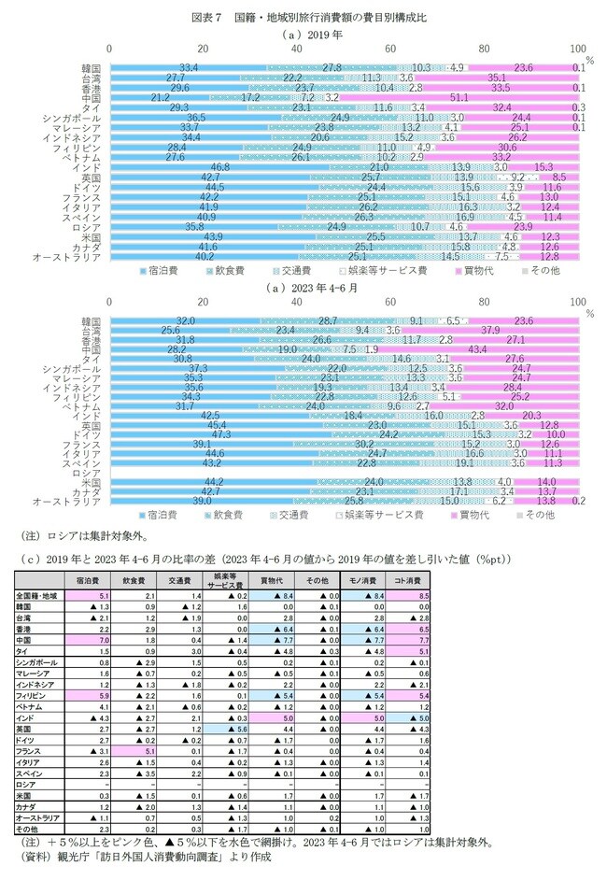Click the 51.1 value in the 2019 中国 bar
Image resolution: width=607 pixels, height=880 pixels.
click(x=459, y=96)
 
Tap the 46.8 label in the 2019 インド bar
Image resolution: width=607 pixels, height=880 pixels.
click(x=220, y=165)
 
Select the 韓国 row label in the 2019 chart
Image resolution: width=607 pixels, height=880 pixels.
click(x=91, y=68)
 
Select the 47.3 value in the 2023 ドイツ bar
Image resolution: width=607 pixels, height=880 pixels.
click(x=221, y=434)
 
